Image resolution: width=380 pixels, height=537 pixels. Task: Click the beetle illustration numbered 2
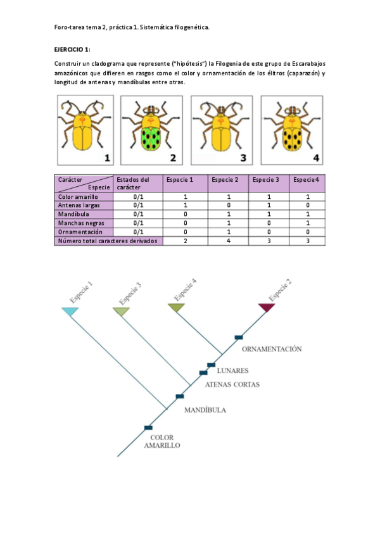(x=151, y=130)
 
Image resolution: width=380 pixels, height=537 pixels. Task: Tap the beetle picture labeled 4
(x=292, y=130)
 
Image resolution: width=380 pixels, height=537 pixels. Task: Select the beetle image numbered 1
(x=82, y=130)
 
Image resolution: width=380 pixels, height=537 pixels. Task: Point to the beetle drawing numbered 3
(x=222, y=130)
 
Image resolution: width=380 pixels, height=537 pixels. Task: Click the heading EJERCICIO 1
(x=73, y=49)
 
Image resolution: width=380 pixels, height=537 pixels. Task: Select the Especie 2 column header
(x=225, y=180)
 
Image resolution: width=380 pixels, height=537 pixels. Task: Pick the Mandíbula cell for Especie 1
(x=186, y=214)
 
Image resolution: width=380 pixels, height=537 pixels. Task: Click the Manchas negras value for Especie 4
(x=308, y=223)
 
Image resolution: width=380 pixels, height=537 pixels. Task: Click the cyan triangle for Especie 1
(x=70, y=312)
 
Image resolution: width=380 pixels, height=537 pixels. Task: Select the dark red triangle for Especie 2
(x=267, y=308)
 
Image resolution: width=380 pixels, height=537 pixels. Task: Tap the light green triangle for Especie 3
(x=121, y=311)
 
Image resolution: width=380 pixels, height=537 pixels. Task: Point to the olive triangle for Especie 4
(x=176, y=308)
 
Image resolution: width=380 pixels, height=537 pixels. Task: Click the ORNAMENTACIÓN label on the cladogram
(x=272, y=348)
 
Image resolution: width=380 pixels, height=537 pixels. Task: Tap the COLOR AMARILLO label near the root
(x=161, y=441)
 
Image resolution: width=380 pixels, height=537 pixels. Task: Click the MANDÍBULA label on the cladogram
(x=205, y=410)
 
